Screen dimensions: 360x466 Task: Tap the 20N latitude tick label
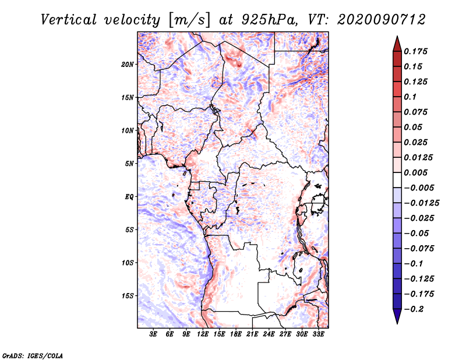click(128, 64)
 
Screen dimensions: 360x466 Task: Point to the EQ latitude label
click(129, 196)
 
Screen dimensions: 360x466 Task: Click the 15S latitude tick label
click(128, 295)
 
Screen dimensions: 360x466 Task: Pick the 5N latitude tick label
click(129, 163)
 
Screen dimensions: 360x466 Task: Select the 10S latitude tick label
click(128, 263)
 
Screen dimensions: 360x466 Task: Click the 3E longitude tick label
click(154, 335)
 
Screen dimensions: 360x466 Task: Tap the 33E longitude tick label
click(319, 335)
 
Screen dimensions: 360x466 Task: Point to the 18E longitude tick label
click(236, 335)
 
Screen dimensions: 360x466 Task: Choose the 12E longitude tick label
click(203, 335)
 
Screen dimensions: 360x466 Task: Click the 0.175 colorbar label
click(417, 52)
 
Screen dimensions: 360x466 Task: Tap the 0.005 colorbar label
click(417, 172)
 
